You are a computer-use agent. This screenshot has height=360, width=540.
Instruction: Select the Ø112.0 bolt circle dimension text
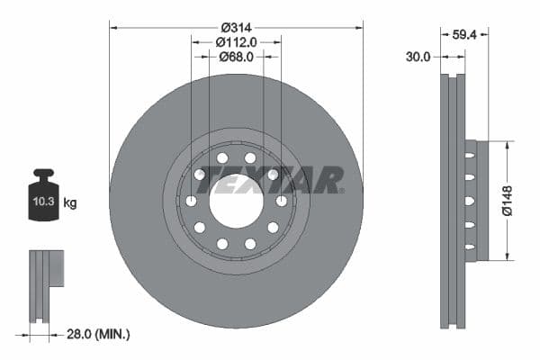coord(236,41)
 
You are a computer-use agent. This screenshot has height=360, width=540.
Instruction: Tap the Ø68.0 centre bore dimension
coord(236,56)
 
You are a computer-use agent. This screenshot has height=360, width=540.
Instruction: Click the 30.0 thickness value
coord(418,56)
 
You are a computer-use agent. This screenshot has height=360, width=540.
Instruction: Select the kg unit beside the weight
coord(69,202)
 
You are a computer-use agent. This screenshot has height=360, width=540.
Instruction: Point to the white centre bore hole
coord(236,201)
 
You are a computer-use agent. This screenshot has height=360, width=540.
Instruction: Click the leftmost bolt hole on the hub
coord(191,201)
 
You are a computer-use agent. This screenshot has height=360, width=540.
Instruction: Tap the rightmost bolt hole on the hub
coord(282,201)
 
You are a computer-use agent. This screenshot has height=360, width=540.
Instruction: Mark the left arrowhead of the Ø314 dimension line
coord(112,27)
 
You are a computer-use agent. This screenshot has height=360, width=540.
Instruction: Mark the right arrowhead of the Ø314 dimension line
coord(360,27)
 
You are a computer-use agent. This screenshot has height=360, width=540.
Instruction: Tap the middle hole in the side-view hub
coord(470,201)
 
